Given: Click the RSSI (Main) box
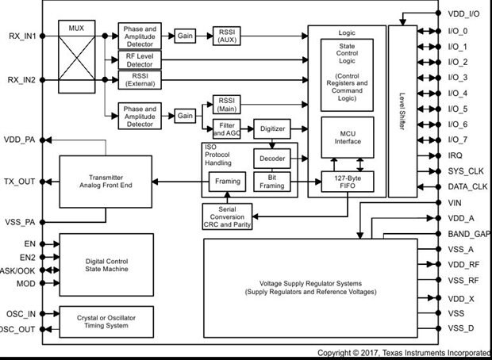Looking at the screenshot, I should pos(227,104).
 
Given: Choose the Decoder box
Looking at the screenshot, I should pos(271,157).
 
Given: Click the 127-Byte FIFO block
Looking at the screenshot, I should pos(346,183).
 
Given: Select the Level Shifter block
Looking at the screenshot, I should pos(402,110).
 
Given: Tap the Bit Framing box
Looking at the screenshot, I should pos(271,183).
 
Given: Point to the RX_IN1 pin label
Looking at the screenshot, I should pos(21,36).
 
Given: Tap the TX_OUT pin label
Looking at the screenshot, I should pos(19,181).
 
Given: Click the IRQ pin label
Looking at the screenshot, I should pos(455,155).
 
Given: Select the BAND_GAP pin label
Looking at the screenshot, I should pos(467,235).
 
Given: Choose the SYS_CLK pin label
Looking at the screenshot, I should pos(464,171).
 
